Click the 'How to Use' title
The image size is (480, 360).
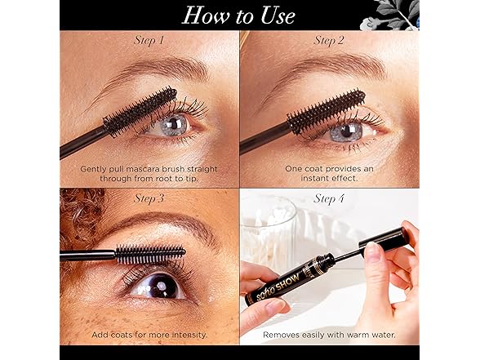[x=238, y=16]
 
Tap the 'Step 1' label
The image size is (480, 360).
[x=149, y=41]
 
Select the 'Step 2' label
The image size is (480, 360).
[x=329, y=41]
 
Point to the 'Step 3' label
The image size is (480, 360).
[x=149, y=198]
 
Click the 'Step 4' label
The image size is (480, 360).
[x=329, y=198]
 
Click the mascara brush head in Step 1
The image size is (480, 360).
[x=140, y=112]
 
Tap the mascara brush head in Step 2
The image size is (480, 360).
[x=327, y=111]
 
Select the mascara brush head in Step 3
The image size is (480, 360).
[x=150, y=254]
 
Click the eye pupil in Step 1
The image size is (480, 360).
[x=174, y=123]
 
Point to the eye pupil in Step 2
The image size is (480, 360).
[x=347, y=131]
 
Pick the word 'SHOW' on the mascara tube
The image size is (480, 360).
[x=287, y=282]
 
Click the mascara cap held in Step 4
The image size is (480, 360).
[x=385, y=238]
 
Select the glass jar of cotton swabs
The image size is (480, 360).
[x=269, y=232]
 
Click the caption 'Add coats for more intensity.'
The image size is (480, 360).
[x=149, y=335]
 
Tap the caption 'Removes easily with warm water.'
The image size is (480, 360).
[x=329, y=335]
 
